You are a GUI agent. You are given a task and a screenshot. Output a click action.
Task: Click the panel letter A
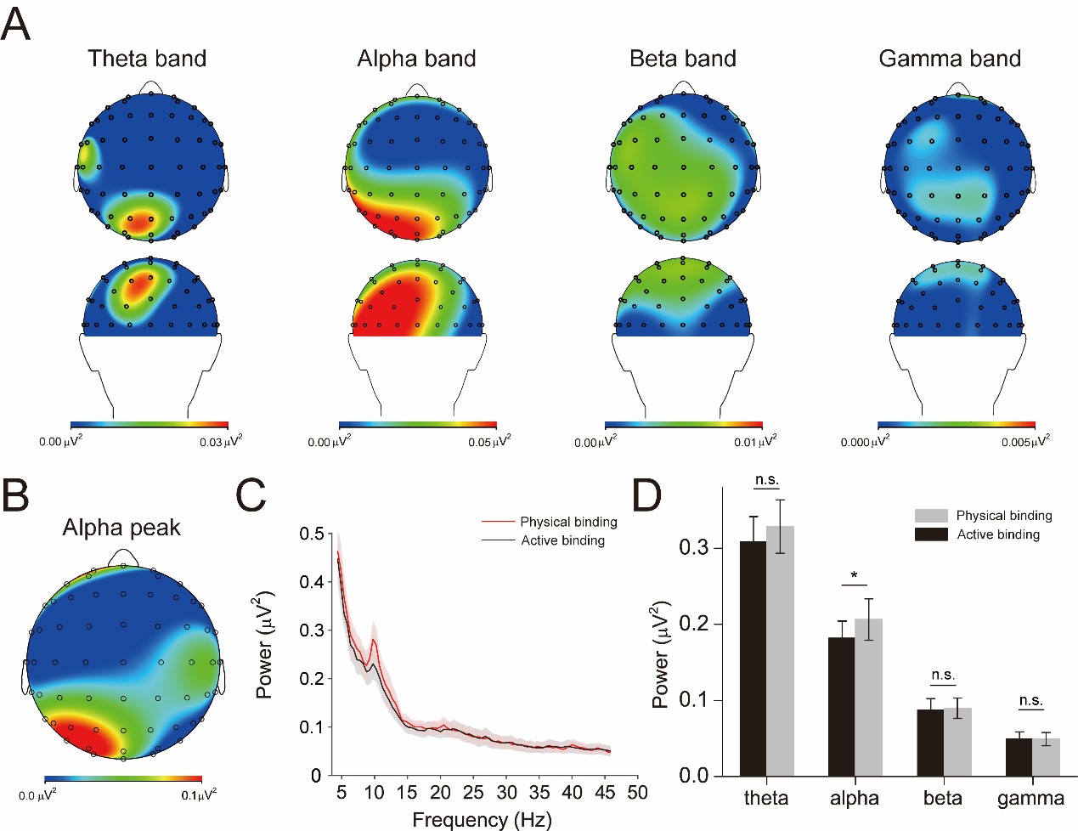16,24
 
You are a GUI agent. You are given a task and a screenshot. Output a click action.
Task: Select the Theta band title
147,59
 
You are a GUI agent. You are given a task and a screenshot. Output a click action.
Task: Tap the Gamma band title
949,59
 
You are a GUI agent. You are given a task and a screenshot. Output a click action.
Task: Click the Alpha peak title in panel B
121,528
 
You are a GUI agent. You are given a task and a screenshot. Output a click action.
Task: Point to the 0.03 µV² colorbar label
220,442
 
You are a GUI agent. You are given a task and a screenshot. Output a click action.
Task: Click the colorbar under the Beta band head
683,425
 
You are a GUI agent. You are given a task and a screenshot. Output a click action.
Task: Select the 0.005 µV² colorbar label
1024,442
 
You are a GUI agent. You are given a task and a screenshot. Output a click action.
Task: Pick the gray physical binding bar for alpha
868,697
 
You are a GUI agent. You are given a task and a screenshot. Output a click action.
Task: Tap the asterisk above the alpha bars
855,577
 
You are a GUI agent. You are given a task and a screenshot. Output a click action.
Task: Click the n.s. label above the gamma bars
1030,701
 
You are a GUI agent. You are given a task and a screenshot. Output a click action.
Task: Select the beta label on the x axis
943,799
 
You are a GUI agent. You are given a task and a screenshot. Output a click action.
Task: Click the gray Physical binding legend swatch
931,516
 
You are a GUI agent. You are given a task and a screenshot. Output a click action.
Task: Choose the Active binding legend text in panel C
562,540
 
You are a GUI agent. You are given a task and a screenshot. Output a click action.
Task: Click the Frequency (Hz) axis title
482,820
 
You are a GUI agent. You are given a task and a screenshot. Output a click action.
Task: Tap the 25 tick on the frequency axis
473,792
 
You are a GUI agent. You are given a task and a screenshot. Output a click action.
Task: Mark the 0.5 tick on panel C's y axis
312,534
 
